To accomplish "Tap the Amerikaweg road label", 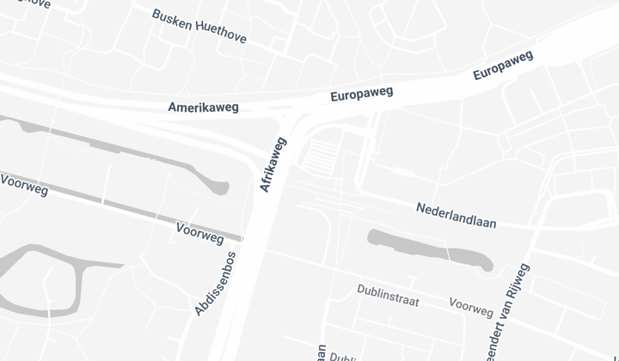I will coord(203,107).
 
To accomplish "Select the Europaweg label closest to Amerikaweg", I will coord(361,94).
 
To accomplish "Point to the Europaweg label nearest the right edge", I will coord(503,65).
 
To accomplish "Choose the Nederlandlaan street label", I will coord(456,215).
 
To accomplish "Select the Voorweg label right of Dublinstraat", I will coord(471,308).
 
